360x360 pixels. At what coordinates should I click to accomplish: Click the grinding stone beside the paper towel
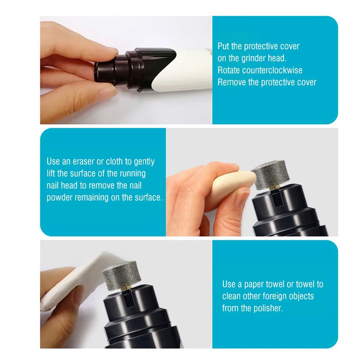tap(119, 275)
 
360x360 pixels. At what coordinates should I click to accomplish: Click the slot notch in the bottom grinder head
tap(129, 298)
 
